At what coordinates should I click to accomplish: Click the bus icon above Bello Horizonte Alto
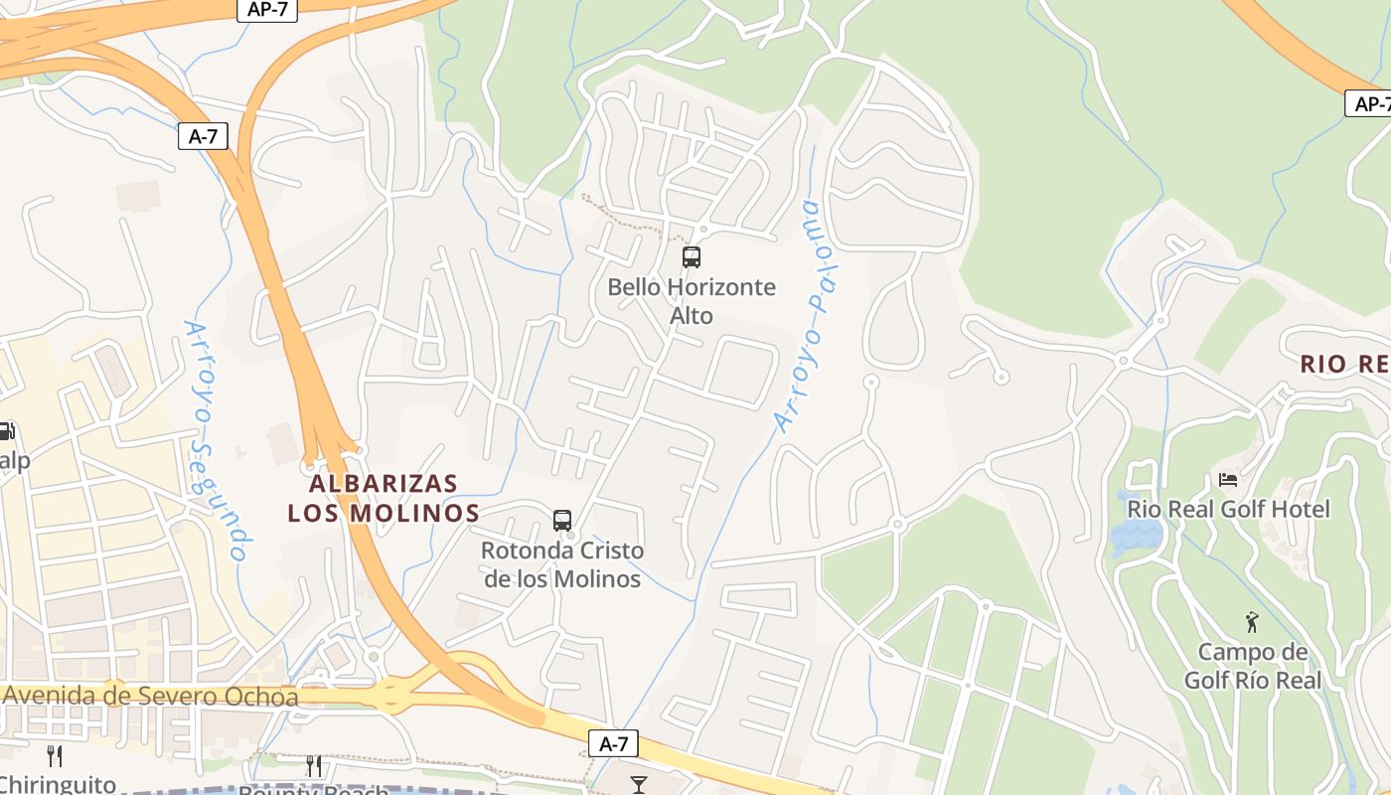point(692,257)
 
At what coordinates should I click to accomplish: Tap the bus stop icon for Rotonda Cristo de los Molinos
point(562,520)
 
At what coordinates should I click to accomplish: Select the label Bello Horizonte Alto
point(692,301)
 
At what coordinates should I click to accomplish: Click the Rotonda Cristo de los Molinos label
point(562,564)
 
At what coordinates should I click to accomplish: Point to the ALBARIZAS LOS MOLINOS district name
point(384,498)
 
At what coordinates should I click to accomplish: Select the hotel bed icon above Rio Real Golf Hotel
point(1228,480)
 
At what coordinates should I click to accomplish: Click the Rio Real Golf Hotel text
point(1228,509)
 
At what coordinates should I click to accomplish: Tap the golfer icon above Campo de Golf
point(1252,623)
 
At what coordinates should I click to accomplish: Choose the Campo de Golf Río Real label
point(1253,667)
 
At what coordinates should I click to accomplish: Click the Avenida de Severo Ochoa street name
point(150,696)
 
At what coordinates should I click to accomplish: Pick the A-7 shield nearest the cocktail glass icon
point(613,743)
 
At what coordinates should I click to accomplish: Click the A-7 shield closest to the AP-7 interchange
point(203,136)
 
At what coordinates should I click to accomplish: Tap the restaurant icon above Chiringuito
point(55,756)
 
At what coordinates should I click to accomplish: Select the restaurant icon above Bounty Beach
point(314,765)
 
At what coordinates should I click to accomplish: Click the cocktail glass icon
point(639,785)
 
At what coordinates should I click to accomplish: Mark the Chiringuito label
point(58,784)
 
